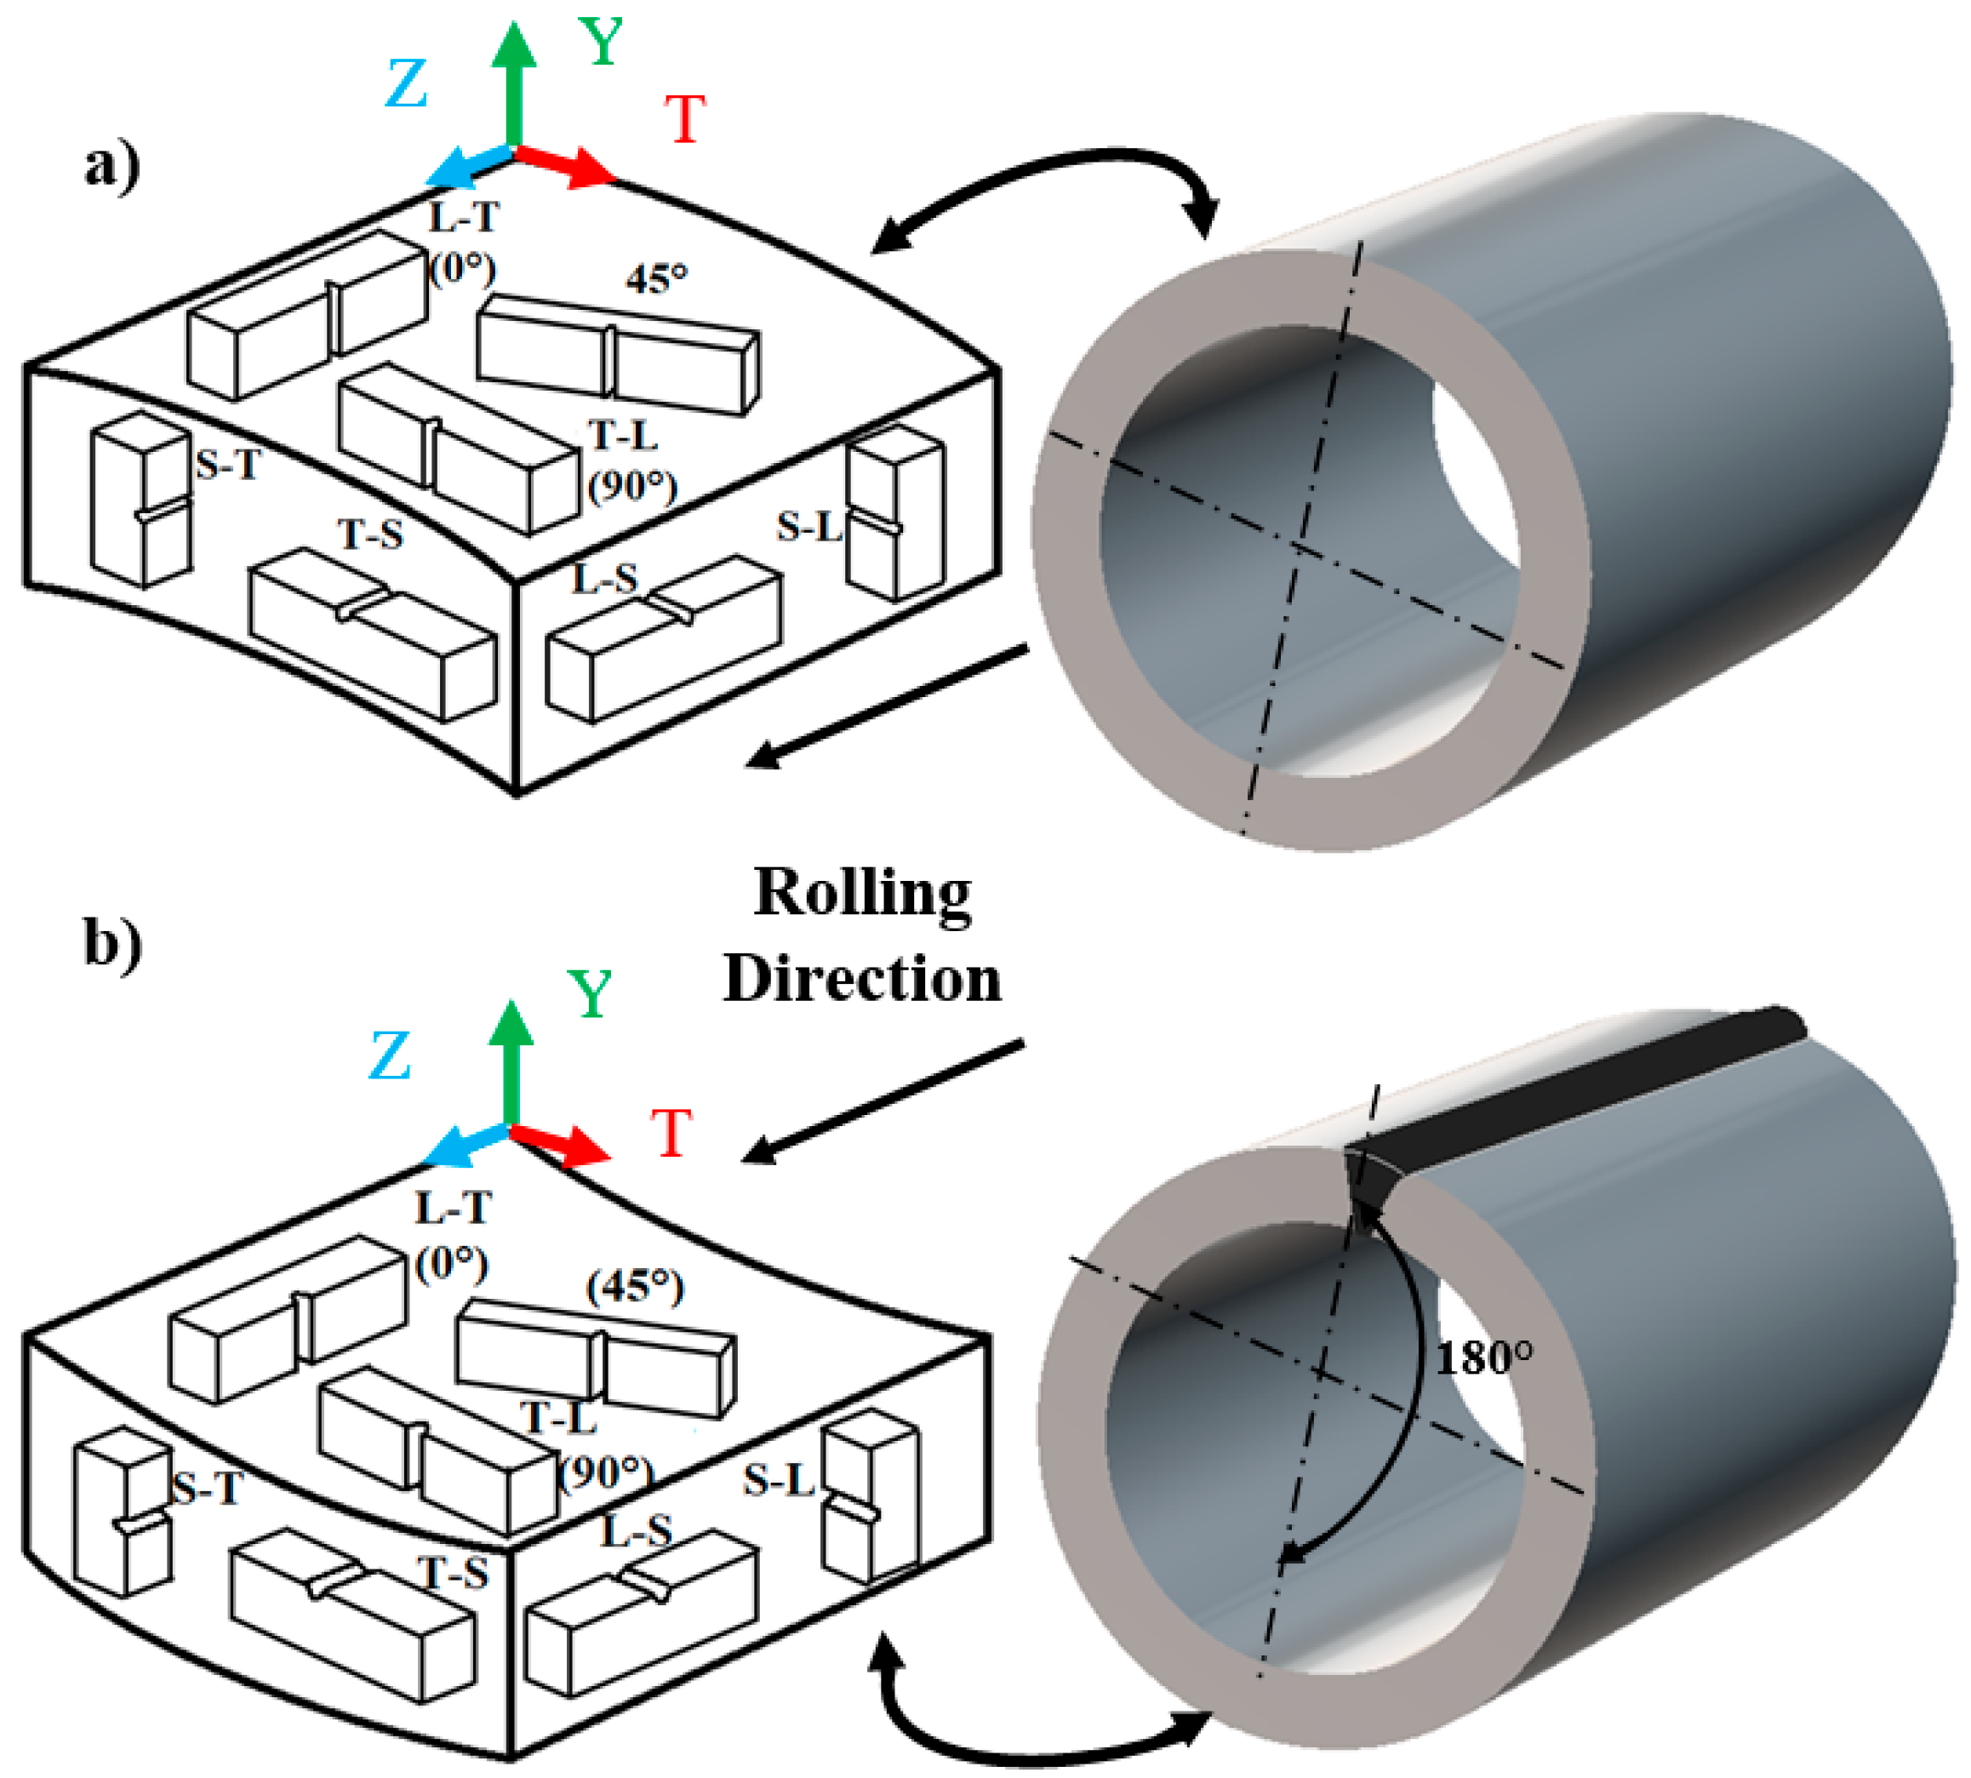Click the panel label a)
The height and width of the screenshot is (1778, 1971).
tap(112, 166)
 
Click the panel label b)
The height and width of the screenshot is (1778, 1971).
tap(112, 943)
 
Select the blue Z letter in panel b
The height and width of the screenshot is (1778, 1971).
tap(390, 1056)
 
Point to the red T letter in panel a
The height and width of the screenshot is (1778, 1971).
tap(685, 119)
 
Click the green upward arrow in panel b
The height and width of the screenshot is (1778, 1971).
tap(510, 1060)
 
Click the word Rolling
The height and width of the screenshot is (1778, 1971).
tap(862, 894)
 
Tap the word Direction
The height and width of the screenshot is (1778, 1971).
tap(862, 979)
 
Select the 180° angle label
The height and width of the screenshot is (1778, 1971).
tap(1483, 1358)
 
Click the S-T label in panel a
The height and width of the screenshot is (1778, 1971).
tap(227, 464)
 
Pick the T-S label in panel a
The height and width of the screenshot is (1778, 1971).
tap(370, 535)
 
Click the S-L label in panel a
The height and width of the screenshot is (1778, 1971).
tap(808, 528)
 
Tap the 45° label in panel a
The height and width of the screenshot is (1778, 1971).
tap(656, 279)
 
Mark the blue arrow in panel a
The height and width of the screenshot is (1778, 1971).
tap(469, 168)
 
